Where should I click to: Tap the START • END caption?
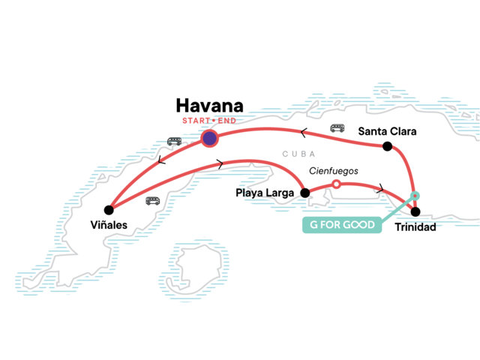click(209, 121)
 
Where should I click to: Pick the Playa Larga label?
click(263, 193)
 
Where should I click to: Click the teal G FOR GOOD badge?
click(337, 224)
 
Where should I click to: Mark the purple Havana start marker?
click(209, 138)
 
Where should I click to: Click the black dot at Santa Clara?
click(388, 146)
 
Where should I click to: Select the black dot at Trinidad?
click(416, 211)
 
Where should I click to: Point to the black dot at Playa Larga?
click(304, 193)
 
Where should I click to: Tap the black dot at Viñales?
click(109, 209)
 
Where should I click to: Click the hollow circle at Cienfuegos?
click(336, 184)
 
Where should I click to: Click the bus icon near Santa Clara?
click(337, 128)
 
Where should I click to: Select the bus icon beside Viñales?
click(152, 200)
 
